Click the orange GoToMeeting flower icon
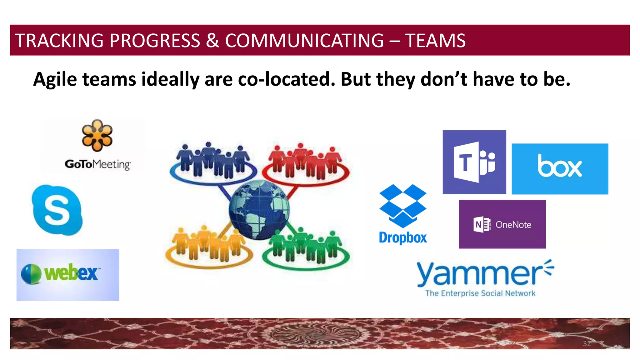point(97,135)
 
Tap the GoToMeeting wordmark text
point(98,164)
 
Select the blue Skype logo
point(57,210)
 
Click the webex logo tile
point(67,275)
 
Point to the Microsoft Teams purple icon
point(474,162)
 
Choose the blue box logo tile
point(560,169)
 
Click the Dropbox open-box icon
point(403,206)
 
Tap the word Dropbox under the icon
point(403,238)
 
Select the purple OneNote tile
point(502,224)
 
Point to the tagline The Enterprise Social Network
point(480,293)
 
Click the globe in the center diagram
point(259,210)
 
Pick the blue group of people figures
point(212,161)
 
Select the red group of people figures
point(306,162)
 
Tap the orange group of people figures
point(209,245)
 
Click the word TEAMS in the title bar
point(435,41)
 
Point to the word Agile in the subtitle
point(55,79)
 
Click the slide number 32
point(587,344)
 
